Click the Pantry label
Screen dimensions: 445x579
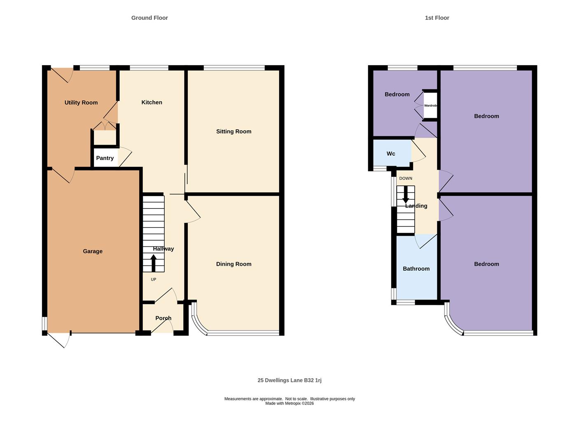click(105, 158)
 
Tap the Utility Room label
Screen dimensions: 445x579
click(81, 103)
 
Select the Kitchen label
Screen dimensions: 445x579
click(152, 102)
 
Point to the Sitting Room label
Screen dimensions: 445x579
click(233, 131)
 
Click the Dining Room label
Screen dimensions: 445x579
click(233, 264)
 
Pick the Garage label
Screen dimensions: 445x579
click(93, 251)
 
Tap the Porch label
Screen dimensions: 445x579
click(163, 318)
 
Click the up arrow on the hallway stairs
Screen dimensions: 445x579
click(154, 263)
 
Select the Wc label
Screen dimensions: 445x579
click(391, 154)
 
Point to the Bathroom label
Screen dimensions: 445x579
click(416, 269)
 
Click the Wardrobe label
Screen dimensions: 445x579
click(431, 105)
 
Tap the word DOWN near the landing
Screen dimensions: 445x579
click(406, 178)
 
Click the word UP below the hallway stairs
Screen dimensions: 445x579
click(154, 279)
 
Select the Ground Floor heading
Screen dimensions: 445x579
click(149, 18)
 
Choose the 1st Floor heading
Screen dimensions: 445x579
click(437, 18)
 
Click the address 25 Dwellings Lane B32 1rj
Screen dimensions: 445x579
click(289, 380)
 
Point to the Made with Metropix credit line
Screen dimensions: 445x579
click(289, 403)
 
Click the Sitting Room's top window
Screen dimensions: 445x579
click(234, 68)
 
